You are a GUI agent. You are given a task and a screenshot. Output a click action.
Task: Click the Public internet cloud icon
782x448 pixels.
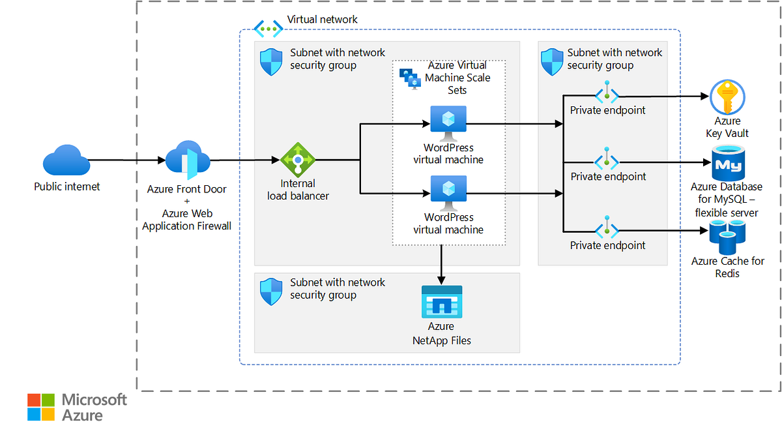pyautogui.click(x=66, y=160)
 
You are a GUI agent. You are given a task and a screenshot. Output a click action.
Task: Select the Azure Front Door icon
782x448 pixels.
pyautogui.click(x=188, y=161)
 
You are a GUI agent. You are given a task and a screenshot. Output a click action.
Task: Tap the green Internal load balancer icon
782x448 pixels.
pyautogui.click(x=298, y=159)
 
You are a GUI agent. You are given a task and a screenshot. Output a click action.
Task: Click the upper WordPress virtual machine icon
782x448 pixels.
pyautogui.click(x=448, y=123)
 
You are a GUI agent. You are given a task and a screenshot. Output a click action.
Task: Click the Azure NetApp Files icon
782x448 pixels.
pyautogui.click(x=442, y=301)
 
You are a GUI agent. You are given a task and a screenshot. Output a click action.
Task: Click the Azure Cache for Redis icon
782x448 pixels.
pyautogui.click(x=727, y=237)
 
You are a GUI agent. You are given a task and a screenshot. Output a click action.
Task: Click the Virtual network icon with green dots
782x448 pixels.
pyautogui.click(x=268, y=28)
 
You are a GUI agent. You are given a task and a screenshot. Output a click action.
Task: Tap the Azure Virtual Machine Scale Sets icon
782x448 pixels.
pyautogui.click(x=410, y=78)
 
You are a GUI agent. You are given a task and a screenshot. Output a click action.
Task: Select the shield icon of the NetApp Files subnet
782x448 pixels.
pyautogui.click(x=271, y=291)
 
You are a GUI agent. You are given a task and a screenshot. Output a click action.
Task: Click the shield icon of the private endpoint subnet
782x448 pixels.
pyautogui.click(x=552, y=61)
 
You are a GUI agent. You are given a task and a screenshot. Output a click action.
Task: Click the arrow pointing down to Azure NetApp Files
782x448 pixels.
pyautogui.click(x=442, y=264)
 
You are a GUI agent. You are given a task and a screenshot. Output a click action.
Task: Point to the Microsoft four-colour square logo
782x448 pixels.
pyautogui.click(x=41, y=407)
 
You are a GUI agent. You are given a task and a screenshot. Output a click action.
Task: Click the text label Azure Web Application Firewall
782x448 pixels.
pyautogui.click(x=186, y=220)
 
